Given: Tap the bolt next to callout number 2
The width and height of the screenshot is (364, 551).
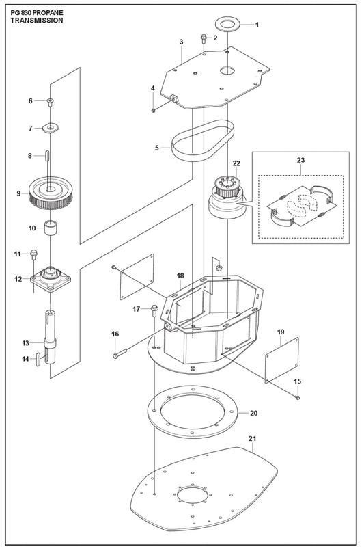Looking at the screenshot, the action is coord(204,38).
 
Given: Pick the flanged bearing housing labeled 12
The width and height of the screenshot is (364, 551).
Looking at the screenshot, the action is coord(51,279).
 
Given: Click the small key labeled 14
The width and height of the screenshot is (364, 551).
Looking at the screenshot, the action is coord(38,360).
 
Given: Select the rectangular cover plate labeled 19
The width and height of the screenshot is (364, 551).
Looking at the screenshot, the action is coord(282,360).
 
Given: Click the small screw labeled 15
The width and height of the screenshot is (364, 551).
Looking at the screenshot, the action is coord(298,397).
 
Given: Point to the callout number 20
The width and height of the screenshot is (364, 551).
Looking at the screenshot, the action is coord(254,413).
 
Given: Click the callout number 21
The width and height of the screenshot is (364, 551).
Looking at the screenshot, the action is coord(253,439).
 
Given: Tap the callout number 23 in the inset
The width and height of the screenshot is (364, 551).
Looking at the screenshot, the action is coord(300,160).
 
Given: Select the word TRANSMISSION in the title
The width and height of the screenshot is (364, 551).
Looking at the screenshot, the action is coord(37,21).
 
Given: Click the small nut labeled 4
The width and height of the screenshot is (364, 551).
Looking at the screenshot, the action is coord(154,111).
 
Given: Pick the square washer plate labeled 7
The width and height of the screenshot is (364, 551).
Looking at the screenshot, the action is coord(51,128).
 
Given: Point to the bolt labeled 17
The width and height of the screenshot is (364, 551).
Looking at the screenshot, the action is coord(154,310).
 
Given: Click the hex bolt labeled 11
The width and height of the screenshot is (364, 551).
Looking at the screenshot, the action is coord(33,254).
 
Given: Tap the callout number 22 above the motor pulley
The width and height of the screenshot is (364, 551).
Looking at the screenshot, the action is coord(236,163).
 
